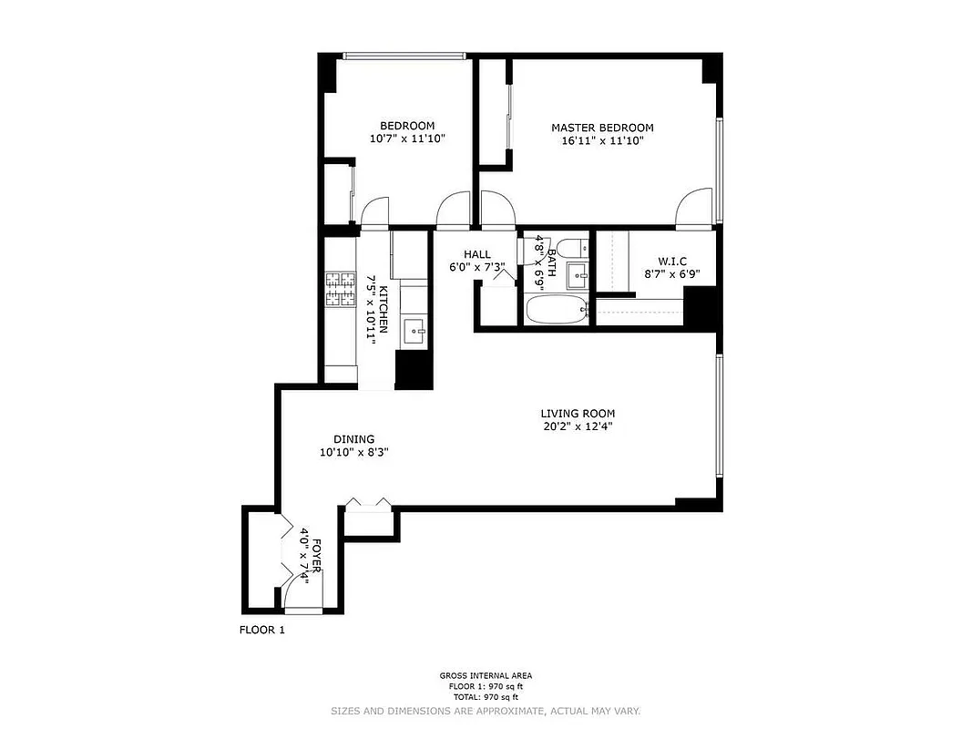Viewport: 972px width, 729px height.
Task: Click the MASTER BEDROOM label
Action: (x=602, y=128)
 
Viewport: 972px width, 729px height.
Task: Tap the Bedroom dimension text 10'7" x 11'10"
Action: (x=407, y=139)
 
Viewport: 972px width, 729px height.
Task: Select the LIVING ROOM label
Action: (x=578, y=413)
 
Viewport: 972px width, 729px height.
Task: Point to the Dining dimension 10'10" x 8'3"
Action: (x=353, y=452)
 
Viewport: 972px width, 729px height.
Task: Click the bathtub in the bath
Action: (x=558, y=310)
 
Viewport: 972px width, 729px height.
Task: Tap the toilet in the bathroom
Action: (x=572, y=247)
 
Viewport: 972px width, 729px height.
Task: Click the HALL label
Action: (x=476, y=254)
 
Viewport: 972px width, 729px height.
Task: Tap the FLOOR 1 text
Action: (x=262, y=629)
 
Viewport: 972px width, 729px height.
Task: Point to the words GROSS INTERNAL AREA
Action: (x=486, y=676)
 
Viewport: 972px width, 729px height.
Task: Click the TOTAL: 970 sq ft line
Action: (x=486, y=696)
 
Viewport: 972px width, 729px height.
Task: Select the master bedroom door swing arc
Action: (x=694, y=208)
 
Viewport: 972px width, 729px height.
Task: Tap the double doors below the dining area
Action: (x=368, y=503)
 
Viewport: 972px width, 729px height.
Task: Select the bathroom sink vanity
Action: (x=577, y=274)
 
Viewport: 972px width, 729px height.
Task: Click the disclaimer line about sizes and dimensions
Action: (x=486, y=710)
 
